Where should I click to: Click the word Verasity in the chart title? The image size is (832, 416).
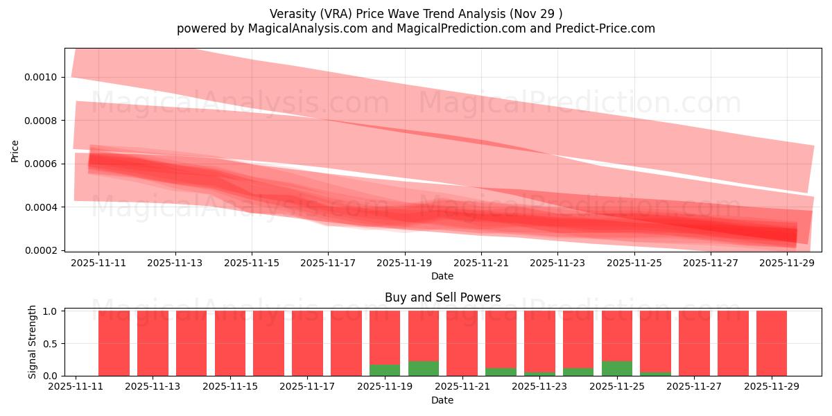click(293, 13)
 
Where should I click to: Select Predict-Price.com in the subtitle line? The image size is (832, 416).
click(605, 28)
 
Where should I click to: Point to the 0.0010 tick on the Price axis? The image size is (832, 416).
click(43, 77)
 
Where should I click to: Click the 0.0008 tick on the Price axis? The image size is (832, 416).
click(43, 121)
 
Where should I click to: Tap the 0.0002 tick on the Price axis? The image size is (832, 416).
click(43, 250)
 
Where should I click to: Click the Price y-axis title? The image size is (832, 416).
click(15, 150)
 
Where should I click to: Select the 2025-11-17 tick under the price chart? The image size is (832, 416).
click(328, 263)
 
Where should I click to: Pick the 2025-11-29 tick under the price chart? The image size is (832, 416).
click(787, 263)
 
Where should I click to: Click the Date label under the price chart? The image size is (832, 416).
click(442, 276)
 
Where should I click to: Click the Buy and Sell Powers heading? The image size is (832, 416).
click(442, 297)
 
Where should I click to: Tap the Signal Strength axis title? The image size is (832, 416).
click(33, 343)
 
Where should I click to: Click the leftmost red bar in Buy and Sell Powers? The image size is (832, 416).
click(114, 343)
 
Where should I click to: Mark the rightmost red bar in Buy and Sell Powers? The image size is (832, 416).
click(771, 343)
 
